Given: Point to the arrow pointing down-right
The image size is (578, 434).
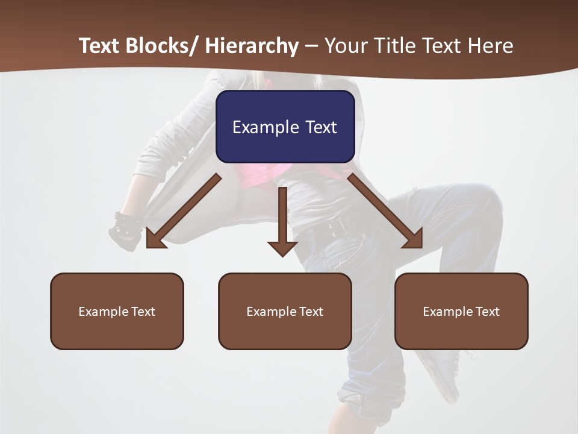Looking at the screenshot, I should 385,211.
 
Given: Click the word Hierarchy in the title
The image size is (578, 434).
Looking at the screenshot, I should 252,46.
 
